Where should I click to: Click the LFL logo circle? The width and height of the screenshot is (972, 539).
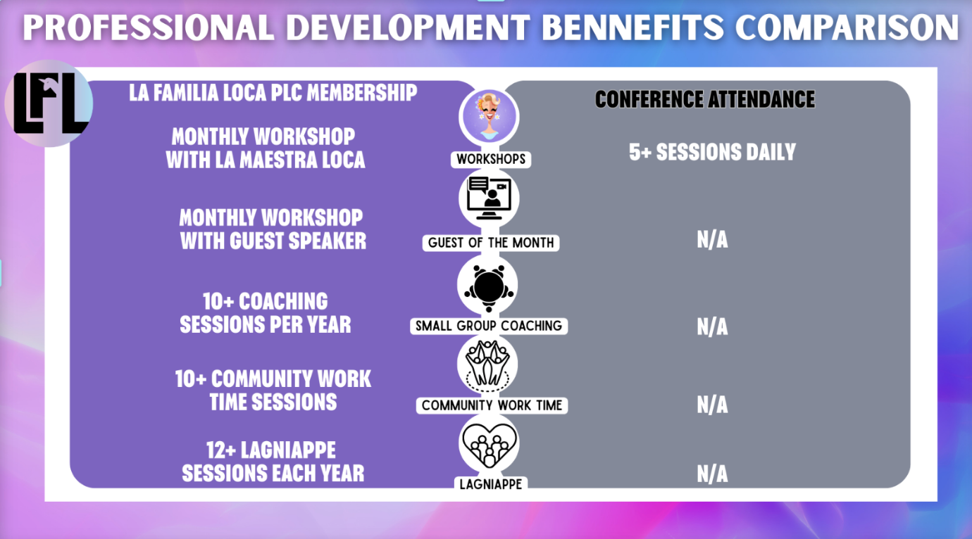49,103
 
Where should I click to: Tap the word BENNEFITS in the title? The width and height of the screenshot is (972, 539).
633,27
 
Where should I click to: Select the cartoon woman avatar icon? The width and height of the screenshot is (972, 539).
489,117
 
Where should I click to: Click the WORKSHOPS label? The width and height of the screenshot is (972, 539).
491,159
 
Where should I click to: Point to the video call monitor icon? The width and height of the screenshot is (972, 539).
489,198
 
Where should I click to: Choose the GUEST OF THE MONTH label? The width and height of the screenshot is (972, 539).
491,242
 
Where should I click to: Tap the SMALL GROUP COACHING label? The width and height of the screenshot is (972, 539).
489,326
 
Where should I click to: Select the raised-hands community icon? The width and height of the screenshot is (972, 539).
487,364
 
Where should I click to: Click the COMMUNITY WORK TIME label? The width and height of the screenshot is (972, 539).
492,405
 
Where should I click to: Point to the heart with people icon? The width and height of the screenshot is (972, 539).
489,445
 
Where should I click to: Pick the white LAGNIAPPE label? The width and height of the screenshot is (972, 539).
491,484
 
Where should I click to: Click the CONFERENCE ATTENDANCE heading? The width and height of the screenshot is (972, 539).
704,99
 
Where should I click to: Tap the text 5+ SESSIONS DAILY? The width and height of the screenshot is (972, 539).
712,152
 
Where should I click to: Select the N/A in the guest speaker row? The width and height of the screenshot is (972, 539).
712,239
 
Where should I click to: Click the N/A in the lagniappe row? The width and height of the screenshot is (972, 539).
712,474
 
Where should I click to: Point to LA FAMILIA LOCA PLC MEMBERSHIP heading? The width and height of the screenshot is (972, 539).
273,92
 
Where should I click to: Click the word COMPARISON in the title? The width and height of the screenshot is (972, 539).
847,27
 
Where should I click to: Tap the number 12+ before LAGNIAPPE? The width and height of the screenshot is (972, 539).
220,450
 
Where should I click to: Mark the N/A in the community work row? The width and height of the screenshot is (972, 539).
712,405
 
